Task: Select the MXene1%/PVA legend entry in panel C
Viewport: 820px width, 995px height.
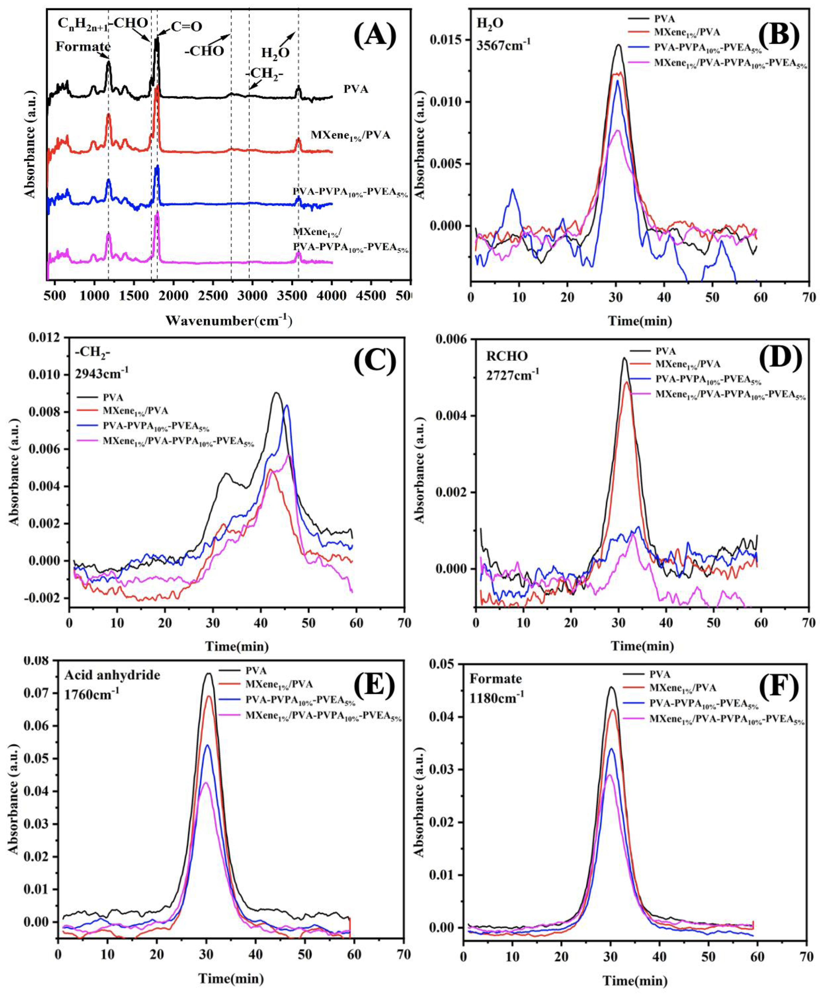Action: click(135, 411)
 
